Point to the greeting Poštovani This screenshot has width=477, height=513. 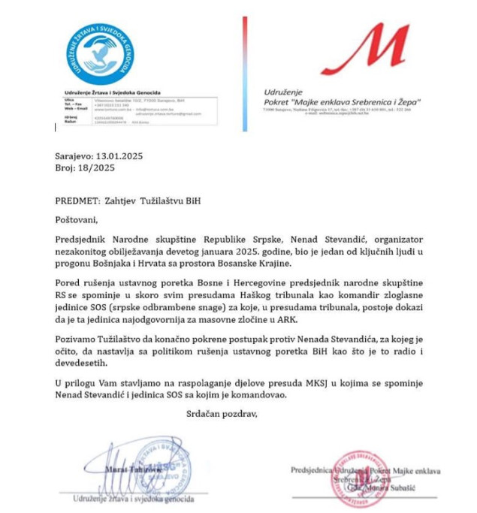77,220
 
